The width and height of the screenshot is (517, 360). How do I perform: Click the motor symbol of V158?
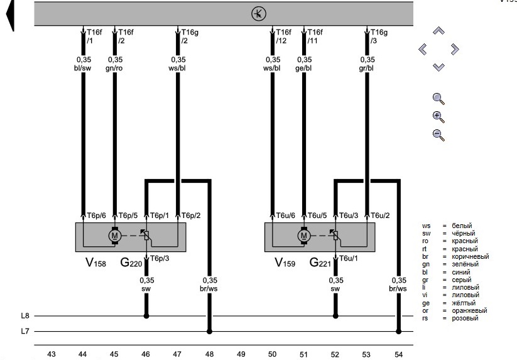point(114,236)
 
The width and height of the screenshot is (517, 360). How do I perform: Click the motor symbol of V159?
point(303,236)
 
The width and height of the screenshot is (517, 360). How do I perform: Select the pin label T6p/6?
point(96,215)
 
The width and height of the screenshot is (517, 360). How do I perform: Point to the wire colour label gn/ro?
point(114,67)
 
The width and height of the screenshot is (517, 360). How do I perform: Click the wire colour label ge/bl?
point(303,67)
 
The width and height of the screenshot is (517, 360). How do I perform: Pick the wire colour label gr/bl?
point(367,67)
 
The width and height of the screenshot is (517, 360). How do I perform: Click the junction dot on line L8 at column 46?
point(146,316)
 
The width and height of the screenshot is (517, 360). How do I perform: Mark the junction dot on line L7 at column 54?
point(398,331)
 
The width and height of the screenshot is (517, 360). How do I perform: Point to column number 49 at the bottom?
point(241,354)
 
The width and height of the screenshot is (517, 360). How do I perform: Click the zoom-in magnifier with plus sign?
point(438,116)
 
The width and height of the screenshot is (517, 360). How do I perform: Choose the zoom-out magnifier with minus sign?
point(438,134)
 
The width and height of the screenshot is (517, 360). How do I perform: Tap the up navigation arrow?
point(438,31)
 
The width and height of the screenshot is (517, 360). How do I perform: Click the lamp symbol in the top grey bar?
point(258,13)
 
